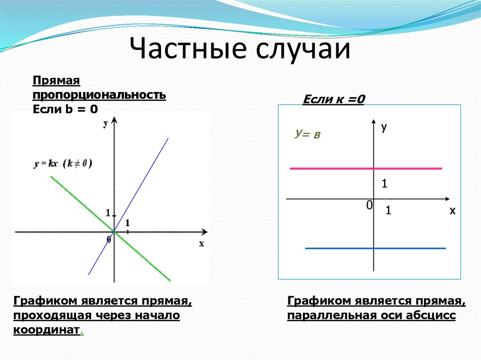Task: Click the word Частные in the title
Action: (188, 48)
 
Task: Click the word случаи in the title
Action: (303, 49)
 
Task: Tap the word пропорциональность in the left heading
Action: (99, 95)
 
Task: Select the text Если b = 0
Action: (65, 109)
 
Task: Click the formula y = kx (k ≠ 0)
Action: (63, 164)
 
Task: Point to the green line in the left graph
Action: (110, 229)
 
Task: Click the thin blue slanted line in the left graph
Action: (128, 207)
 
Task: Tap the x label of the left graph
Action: (202, 244)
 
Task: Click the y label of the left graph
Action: (106, 123)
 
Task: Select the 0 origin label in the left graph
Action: (109, 239)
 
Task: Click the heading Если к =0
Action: (334, 99)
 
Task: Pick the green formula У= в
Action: (307, 134)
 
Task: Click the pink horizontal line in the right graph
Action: (366, 169)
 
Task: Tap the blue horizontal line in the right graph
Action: (375, 248)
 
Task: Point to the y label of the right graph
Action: (384, 127)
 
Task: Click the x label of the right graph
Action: (452, 211)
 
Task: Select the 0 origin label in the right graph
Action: (369, 205)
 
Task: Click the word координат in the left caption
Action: (47, 330)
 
